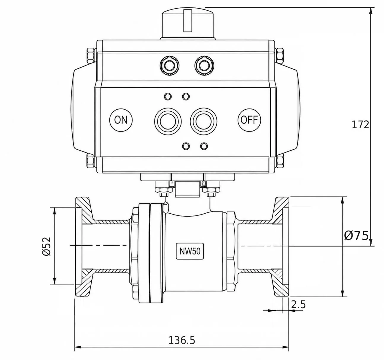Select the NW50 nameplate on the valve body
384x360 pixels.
click(x=190, y=251)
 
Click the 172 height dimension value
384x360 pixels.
click(x=360, y=125)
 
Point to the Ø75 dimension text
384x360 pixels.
click(x=356, y=236)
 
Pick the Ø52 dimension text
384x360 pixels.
click(x=47, y=247)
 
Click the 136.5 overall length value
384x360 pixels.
click(x=182, y=340)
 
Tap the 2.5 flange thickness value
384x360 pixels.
click(x=298, y=305)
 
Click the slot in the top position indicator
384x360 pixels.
click(x=188, y=20)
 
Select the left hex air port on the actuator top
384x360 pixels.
click(x=169, y=66)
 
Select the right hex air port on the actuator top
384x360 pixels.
click(x=204, y=66)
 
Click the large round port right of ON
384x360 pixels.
click(x=168, y=121)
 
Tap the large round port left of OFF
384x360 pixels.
click(x=203, y=121)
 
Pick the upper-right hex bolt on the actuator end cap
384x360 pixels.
click(x=280, y=56)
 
